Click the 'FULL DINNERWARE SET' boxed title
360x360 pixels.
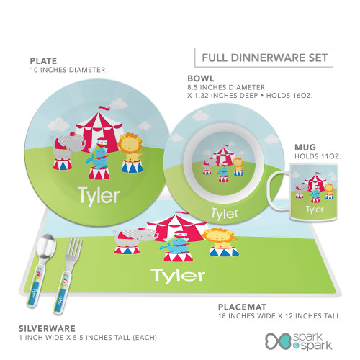point(264,58)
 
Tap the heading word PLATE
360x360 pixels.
point(43,61)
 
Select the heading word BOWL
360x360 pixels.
point(201,78)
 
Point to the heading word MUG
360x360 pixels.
point(305,147)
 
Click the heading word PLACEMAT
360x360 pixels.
point(242,307)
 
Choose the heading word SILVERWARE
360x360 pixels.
point(47,328)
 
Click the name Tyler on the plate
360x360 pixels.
point(99,197)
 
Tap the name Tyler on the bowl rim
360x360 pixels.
point(225,213)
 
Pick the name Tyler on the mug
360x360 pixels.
point(315,210)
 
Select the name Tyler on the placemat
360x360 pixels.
point(178,275)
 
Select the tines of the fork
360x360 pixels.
point(75,246)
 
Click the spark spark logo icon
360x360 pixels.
point(279,341)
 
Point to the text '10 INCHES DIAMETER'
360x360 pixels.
point(68,70)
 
